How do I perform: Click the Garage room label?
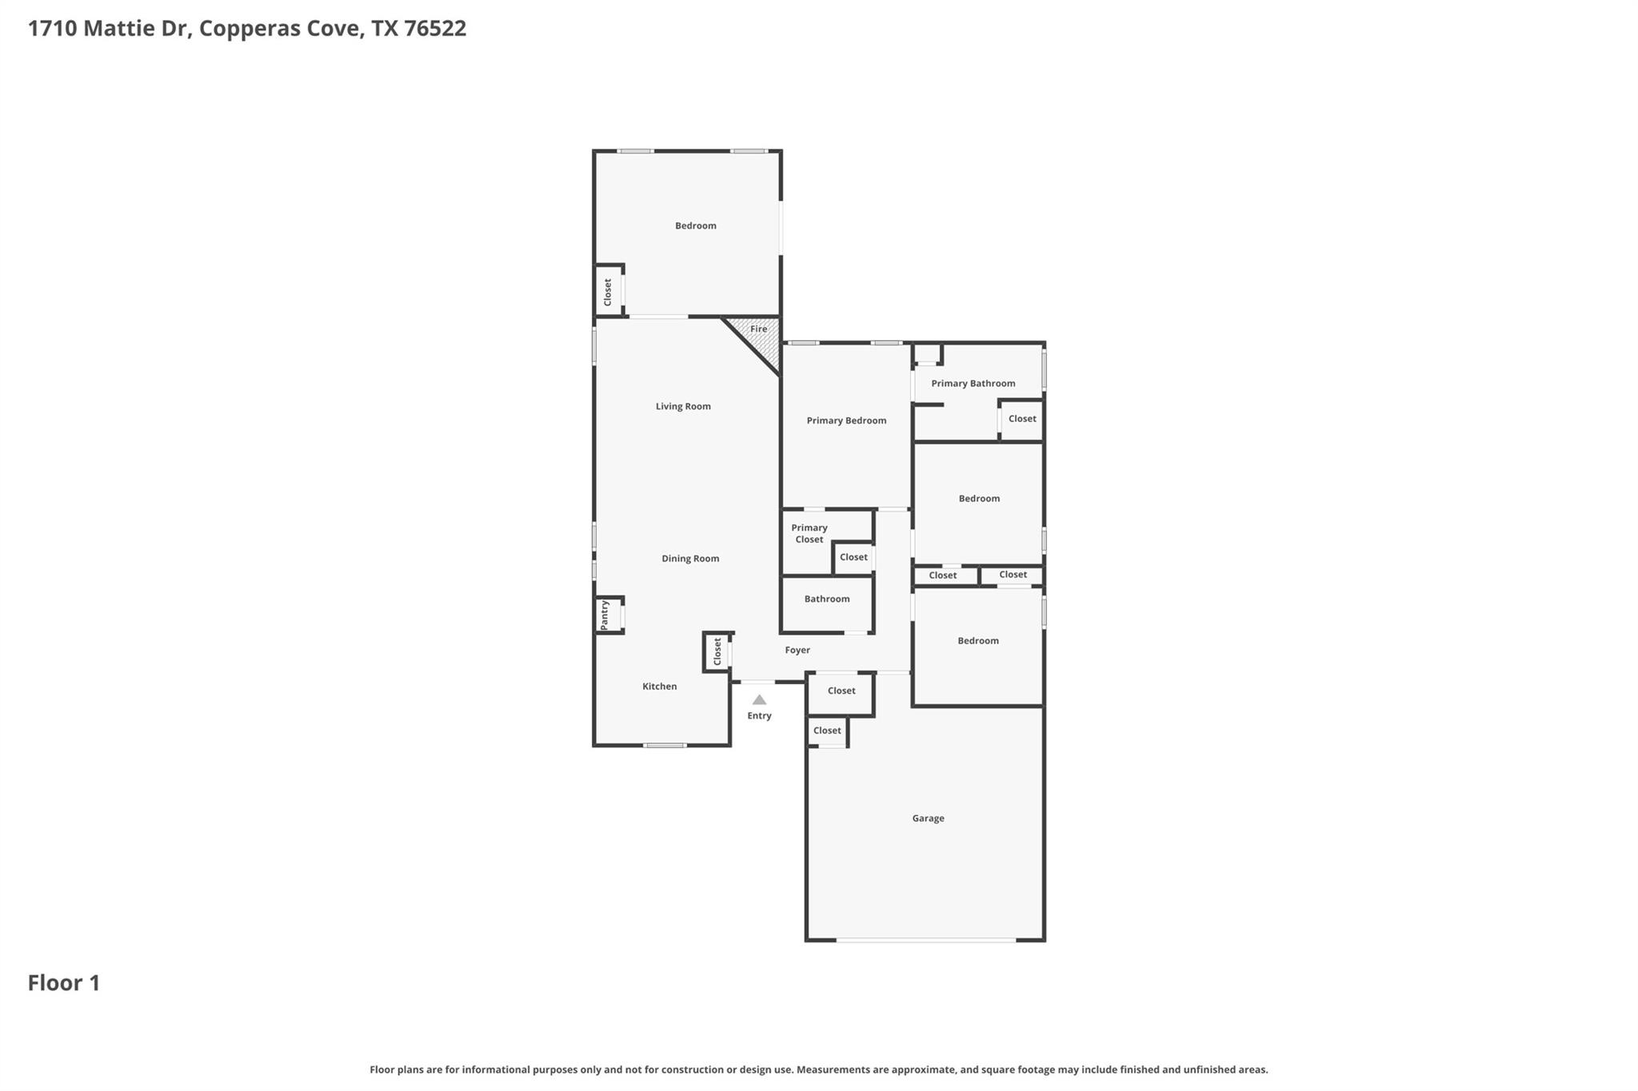pos(928,818)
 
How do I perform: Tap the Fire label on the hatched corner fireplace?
pos(758,328)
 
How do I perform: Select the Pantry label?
pos(605,615)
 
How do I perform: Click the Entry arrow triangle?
pos(759,699)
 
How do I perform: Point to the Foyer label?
pos(797,650)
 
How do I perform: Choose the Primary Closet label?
pos(809,533)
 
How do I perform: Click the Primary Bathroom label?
pos(973,384)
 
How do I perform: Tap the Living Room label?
pos(683,406)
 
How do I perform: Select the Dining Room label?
pos(690,559)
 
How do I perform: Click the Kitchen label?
pos(660,687)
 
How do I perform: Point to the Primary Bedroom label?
pos(846,420)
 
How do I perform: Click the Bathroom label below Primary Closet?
pos(827,599)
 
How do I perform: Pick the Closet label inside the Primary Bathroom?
pos(1022,419)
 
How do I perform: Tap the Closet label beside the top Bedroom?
pos(608,292)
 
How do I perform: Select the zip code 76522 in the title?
pos(435,29)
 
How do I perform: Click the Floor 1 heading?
pos(64,983)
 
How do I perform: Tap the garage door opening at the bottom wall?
pos(926,940)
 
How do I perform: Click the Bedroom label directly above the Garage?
pos(978,641)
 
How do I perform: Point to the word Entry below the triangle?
pos(759,716)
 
